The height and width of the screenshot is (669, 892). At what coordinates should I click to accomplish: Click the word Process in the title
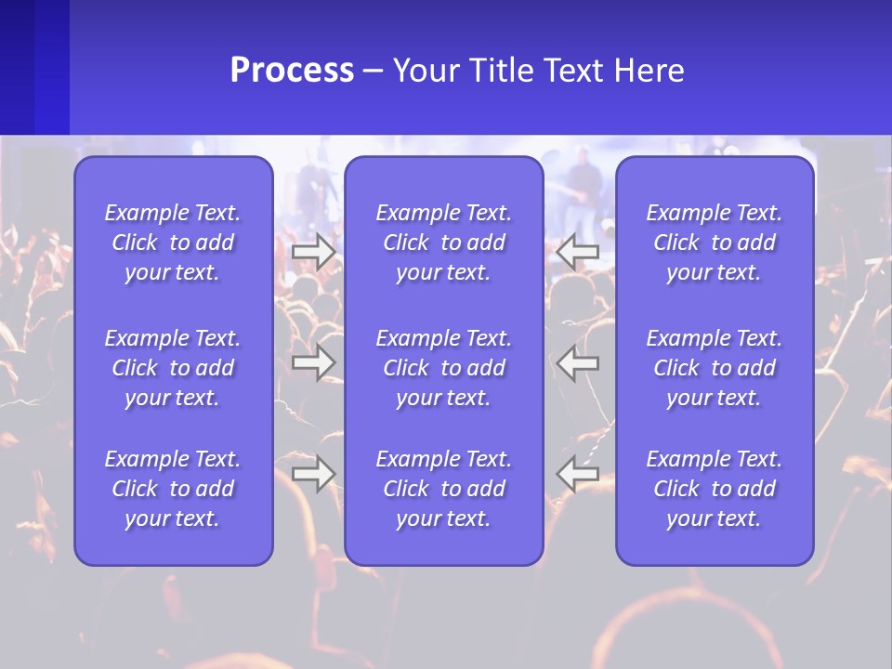point(292,71)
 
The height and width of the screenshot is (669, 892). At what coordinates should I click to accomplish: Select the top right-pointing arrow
point(314,252)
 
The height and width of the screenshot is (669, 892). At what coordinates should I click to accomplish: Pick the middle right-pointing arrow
point(314,362)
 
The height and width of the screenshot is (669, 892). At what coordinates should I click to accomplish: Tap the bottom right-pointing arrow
point(314,473)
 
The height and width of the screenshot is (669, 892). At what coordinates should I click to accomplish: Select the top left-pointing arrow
point(577,252)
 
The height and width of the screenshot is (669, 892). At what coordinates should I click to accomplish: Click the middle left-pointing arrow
point(577,362)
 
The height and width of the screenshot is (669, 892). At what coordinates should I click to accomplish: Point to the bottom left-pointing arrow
point(577,473)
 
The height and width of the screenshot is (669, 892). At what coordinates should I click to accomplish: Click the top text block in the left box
point(173,243)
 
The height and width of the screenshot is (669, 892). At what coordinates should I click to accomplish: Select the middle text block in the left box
point(173,368)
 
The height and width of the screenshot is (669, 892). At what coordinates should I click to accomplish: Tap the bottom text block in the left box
point(173,489)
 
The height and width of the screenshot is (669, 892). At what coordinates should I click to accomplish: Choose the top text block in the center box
point(443,243)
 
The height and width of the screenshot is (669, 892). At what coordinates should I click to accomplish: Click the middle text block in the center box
point(443,368)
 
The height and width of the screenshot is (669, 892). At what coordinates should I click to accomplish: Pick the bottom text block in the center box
point(443,489)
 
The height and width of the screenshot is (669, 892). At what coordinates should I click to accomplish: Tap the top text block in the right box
point(715,243)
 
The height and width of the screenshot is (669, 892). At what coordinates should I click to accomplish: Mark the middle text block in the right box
point(715,368)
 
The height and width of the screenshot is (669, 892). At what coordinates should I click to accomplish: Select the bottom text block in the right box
point(715,489)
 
